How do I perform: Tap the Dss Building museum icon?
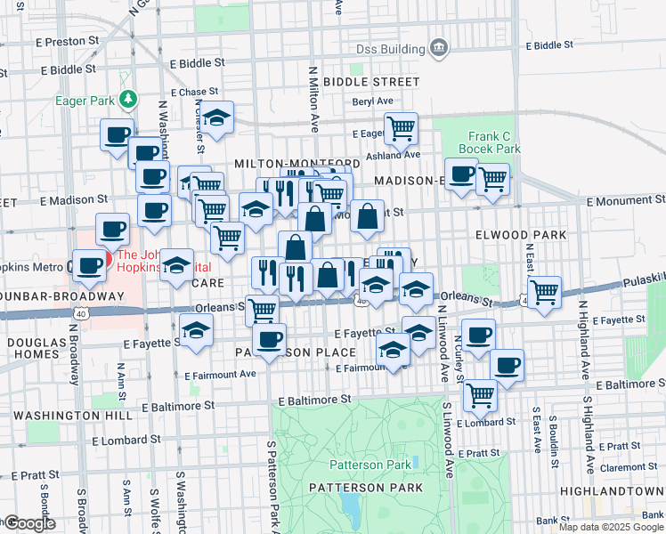pos(438,46)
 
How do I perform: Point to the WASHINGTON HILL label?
pos(61,416)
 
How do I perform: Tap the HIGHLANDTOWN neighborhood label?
pos(612,490)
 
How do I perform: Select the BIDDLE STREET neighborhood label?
pos(358,81)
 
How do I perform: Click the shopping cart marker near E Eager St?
pos(402,128)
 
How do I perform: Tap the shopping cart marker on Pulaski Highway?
pos(543,290)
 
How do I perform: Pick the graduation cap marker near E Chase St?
pos(216,117)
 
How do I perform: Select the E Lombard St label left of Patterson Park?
pos(127,440)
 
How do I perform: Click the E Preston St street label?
pos(65,42)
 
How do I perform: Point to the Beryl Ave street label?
pos(373,102)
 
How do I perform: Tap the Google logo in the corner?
pos(29,523)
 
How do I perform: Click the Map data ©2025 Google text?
pos(611,527)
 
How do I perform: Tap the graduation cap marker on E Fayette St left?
pos(196,330)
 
